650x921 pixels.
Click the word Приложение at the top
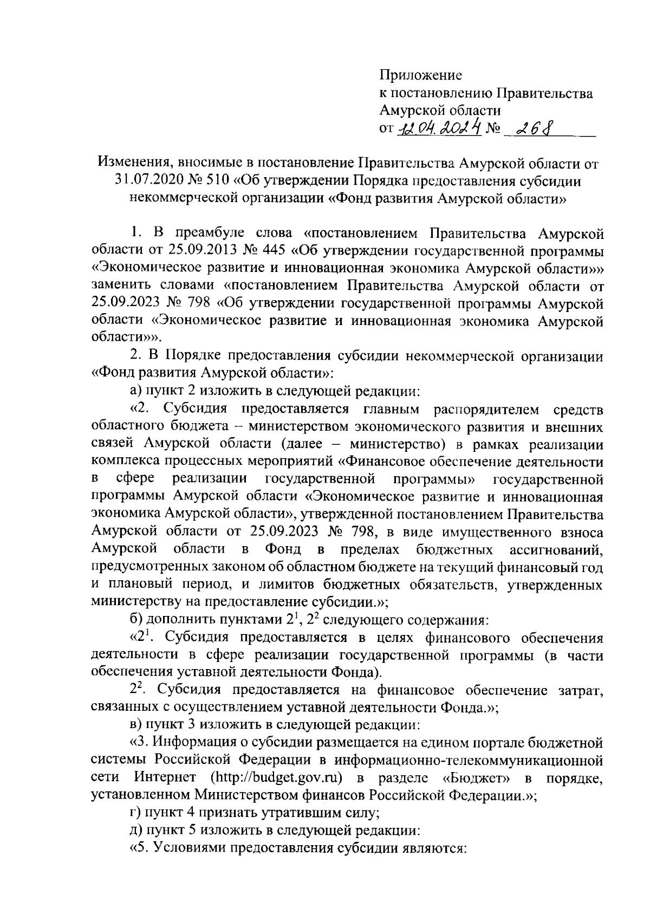tap(420, 75)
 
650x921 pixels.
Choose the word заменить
tap(125, 286)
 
